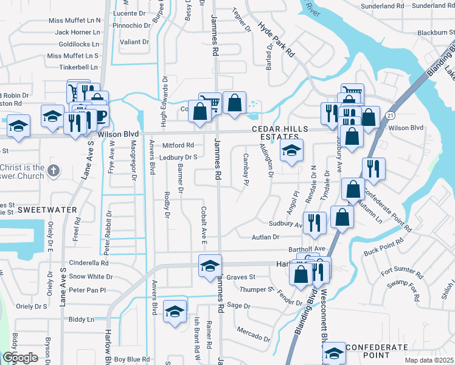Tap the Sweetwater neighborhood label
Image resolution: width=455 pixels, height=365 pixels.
point(39,209)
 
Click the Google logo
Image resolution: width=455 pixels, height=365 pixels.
point(21,358)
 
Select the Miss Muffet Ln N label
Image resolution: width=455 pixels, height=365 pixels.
point(75,20)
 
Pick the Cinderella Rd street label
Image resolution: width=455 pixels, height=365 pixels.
point(88,263)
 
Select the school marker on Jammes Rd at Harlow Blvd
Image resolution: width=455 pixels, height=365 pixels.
point(209,265)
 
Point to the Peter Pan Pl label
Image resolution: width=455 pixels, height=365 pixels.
point(87,291)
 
